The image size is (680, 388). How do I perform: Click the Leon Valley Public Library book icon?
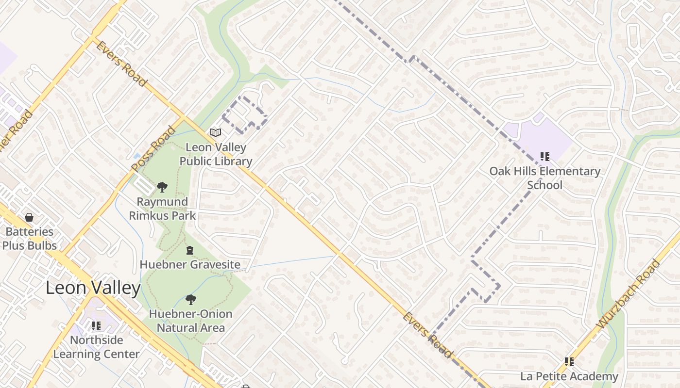216,132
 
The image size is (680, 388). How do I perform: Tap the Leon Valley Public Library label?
216,154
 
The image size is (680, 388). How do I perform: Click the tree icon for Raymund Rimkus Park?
162,187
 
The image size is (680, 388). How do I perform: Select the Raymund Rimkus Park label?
162,209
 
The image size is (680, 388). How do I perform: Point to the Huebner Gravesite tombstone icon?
190,250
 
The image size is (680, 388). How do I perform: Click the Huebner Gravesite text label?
190,264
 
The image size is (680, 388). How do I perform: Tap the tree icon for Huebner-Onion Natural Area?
190,300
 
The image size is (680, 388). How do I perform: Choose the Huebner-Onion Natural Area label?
190,321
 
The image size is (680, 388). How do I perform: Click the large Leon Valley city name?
93,288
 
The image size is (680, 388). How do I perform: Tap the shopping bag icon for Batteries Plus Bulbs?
29,217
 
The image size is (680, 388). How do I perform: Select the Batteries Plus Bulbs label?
29,238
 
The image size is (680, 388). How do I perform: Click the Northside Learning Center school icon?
96,325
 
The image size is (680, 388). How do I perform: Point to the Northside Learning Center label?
96,347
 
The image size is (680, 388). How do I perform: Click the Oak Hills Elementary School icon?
545,157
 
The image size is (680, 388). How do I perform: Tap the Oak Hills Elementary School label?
544,178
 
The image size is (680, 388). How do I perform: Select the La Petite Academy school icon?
569,362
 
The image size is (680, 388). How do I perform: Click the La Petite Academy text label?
569,376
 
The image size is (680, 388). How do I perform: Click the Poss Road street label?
153,149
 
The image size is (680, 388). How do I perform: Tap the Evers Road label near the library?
121,64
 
